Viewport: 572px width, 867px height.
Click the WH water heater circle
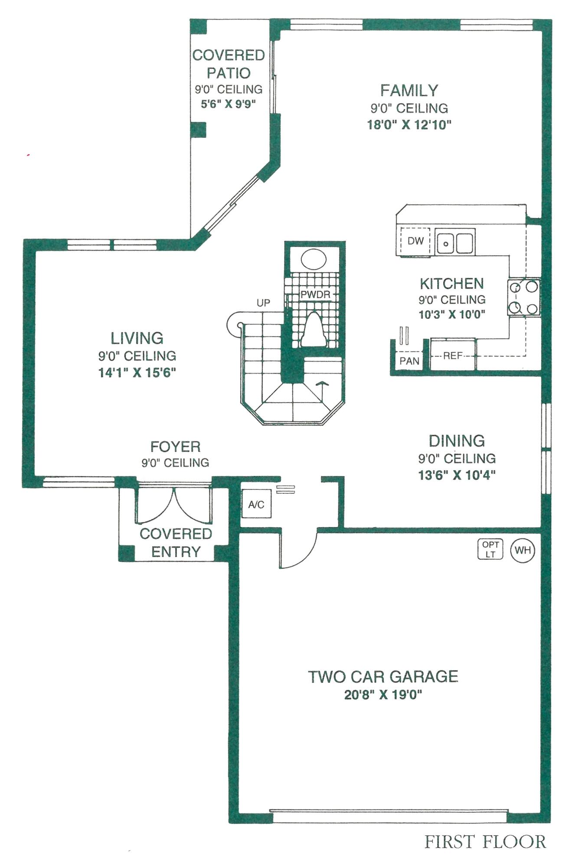(523, 550)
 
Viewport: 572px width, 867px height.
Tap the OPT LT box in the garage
(490, 549)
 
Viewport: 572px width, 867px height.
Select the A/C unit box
(256, 504)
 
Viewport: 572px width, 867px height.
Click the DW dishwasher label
(415, 241)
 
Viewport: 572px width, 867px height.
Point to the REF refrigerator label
(453, 355)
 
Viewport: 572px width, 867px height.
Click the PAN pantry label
(409, 361)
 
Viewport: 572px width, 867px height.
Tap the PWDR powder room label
(315, 294)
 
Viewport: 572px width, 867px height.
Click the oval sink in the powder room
(313, 260)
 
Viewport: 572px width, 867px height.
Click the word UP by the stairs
(263, 303)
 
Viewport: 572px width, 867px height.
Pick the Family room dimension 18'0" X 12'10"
(409, 125)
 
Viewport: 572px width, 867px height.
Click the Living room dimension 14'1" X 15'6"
(137, 372)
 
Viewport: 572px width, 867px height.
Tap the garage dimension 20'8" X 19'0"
(383, 695)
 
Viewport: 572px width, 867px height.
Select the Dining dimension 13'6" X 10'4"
(457, 475)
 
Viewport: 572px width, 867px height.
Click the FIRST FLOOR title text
(485, 841)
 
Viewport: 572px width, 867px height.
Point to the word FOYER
(175, 447)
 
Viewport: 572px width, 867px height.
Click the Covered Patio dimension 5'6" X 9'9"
(228, 104)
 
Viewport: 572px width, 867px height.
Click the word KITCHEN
(451, 284)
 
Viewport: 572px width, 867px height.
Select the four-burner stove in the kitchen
(523, 297)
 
